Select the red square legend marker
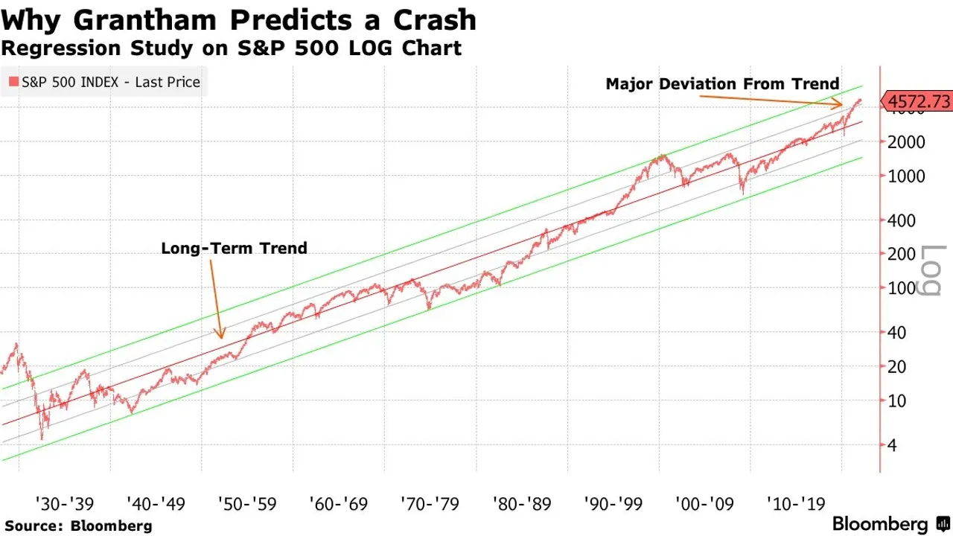[x=13, y=82]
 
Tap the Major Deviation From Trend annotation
[x=722, y=84]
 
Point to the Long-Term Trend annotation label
[x=234, y=248]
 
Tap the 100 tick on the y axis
[x=901, y=288]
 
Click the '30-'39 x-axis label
[x=63, y=504]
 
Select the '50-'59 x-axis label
[x=247, y=504]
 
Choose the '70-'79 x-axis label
[x=430, y=504]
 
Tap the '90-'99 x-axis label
[x=613, y=504]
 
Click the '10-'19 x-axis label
[x=796, y=504]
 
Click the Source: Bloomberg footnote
[x=78, y=526]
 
